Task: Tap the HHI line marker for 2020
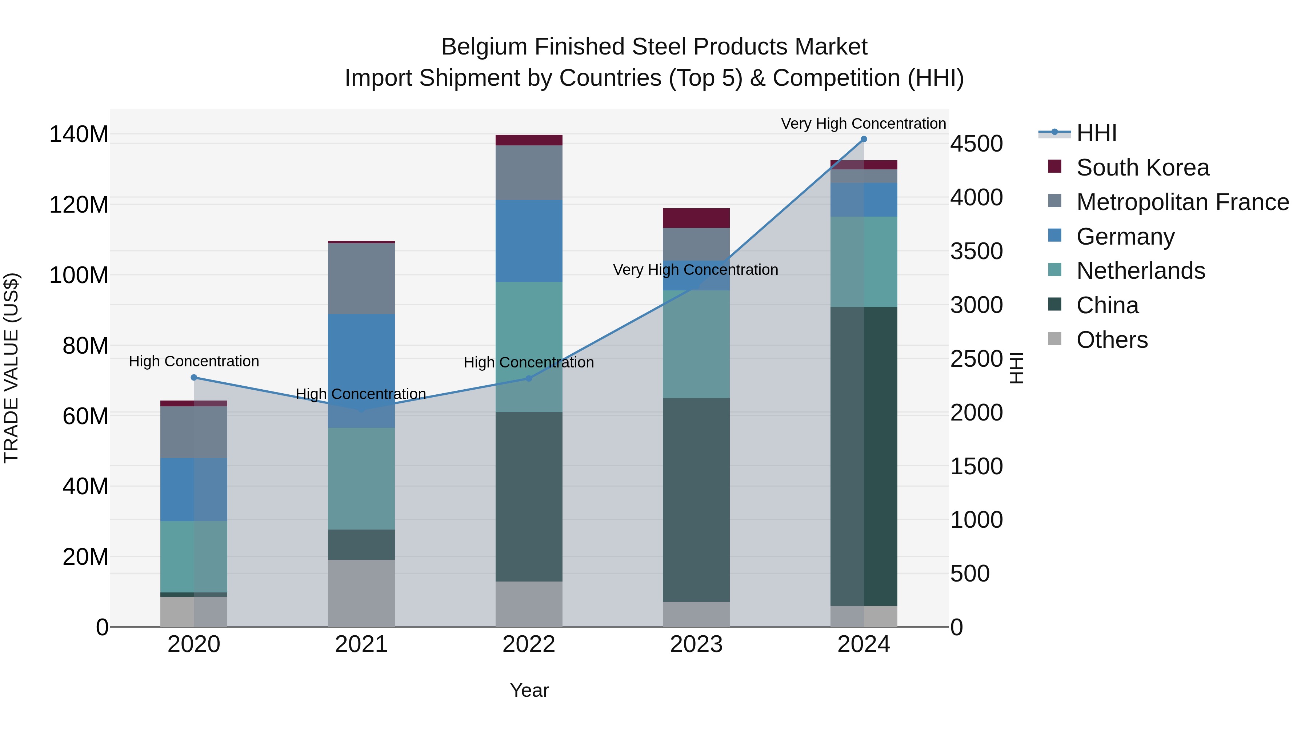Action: [193, 377]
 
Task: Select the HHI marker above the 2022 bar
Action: [528, 378]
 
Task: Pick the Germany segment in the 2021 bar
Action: [361, 371]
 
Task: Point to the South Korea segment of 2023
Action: [696, 218]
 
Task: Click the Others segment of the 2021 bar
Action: [361, 593]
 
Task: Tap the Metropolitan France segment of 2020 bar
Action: [193, 432]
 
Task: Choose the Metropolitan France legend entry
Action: [1182, 202]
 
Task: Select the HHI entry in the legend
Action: [1096, 133]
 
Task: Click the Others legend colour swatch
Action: [1054, 339]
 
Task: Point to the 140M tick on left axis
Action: [79, 134]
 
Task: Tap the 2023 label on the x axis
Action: [696, 644]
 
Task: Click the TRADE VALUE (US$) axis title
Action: [11, 368]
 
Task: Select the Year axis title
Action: [529, 690]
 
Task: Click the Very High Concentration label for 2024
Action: [863, 124]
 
